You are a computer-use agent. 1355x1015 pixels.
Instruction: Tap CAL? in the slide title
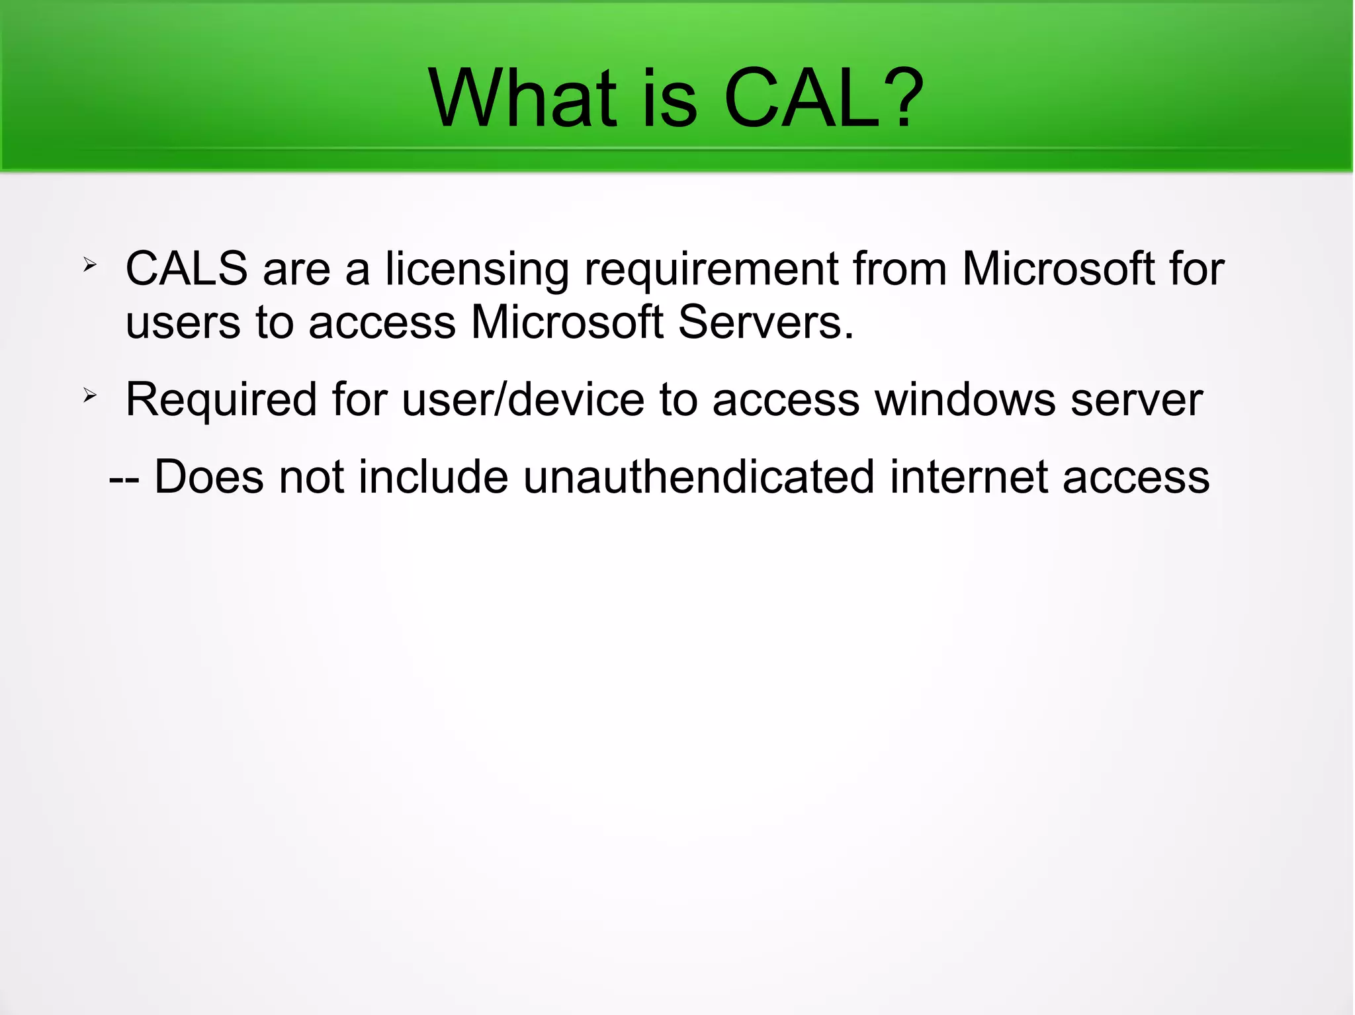click(824, 99)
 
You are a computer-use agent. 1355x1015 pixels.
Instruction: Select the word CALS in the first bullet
click(187, 269)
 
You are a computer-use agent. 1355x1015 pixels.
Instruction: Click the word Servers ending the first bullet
click(765, 323)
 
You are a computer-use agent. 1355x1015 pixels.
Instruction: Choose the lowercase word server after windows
click(1136, 401)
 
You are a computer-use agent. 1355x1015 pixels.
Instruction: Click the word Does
click(209, 477)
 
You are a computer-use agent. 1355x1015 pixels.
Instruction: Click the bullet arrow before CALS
click(90, 266)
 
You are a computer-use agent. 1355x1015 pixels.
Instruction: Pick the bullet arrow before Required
click(90, 396)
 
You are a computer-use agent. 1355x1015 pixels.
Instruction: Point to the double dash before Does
click(124, 479)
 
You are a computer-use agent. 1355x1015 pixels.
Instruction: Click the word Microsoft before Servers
click(567, 323)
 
